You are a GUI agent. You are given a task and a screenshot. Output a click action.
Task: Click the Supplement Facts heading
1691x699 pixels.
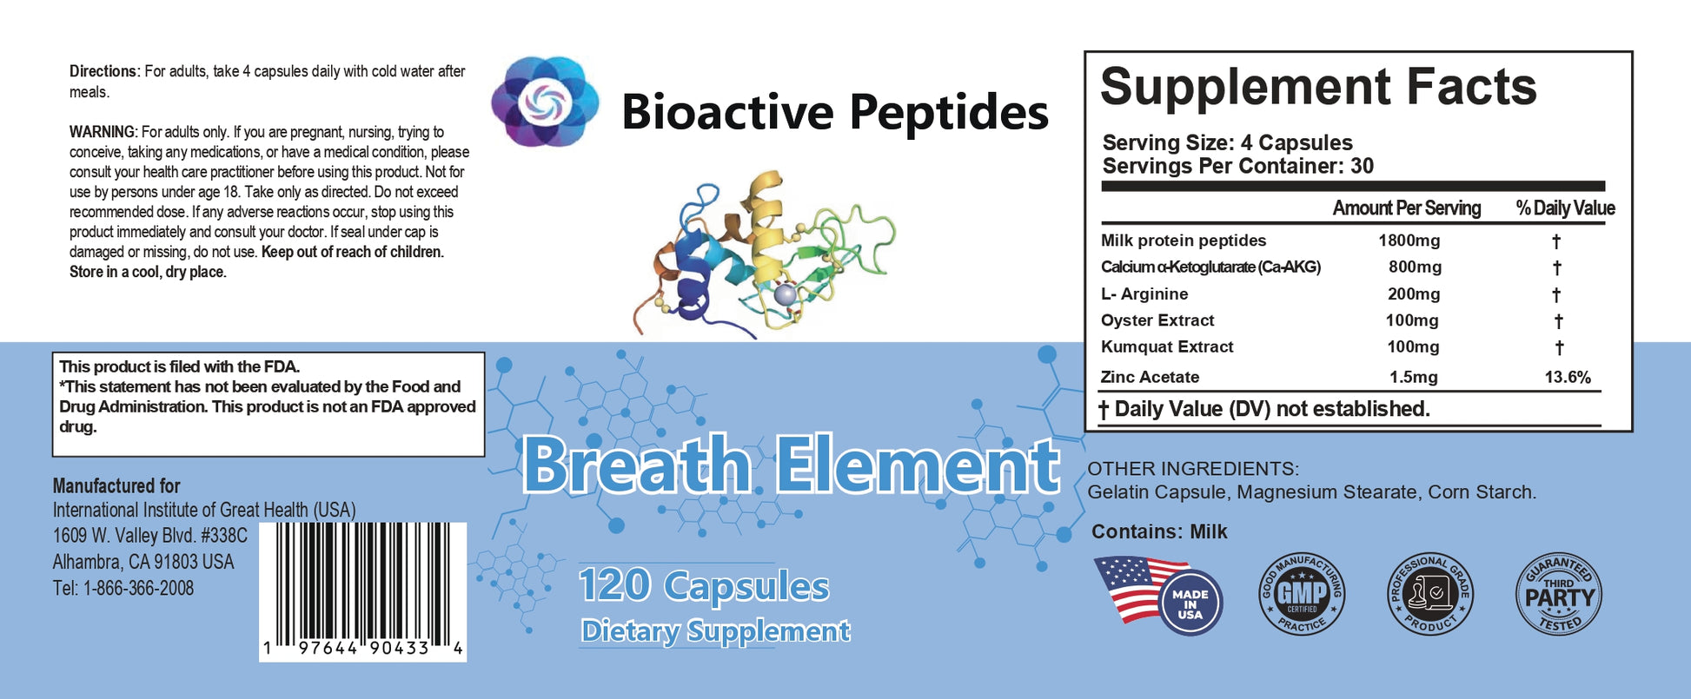click(1318, 88)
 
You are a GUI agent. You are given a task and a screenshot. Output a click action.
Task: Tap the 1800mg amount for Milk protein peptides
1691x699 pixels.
click(1409, 241)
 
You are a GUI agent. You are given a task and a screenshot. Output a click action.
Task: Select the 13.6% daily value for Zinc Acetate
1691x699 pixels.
click(1568, 377)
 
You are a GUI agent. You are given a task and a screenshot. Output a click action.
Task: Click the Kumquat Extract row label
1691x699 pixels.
click(1167, 346)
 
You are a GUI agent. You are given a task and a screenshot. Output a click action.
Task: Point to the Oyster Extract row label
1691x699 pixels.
click(1157, 320)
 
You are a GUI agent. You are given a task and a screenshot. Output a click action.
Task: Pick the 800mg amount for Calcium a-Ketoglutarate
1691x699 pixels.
click(1415, 267)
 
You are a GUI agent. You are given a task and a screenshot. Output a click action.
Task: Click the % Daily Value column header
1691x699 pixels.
click(1566, 208)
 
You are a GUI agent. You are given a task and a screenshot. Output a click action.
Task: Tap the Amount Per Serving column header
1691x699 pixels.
click(1407, 208)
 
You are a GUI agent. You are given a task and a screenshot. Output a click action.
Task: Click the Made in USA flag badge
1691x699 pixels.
click(1158, 595)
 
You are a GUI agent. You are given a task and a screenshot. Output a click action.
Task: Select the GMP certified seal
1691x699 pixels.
click(1302, 595)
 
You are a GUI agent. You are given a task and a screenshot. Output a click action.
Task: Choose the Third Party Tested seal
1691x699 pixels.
click(1560, 595)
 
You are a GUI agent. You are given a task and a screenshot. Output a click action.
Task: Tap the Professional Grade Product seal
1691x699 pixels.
click(1429, 595)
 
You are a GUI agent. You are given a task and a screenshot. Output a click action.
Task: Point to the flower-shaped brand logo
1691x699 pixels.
click(545, 102)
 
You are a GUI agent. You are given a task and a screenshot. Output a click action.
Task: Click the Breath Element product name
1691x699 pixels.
click(791, 465)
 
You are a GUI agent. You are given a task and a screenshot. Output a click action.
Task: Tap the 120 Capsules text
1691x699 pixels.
click(704, 586)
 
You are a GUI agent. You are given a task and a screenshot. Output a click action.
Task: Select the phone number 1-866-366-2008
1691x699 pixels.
click(138, 588)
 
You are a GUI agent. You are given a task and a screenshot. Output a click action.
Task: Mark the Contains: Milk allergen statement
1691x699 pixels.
click(1159, 531)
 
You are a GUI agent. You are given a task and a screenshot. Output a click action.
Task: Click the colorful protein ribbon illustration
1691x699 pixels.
click(765, 254)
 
